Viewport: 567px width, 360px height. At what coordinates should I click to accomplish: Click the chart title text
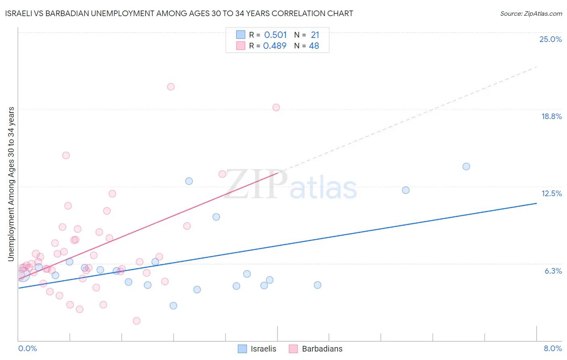pyautogui.click(x=179, y=13)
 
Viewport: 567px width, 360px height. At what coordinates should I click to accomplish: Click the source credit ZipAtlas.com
pyautogui.click(x=531, y=13)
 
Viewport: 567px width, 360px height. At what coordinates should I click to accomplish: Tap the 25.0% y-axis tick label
pyautogui.click(x=550, y=39)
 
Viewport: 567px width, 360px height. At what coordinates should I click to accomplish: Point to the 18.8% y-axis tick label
pyautogui.click(x=551, y=116)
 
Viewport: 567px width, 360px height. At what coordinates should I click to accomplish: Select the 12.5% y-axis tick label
pyautogui.click(x=551, y=193)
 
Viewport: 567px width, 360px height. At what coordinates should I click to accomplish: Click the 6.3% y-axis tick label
pyautogui.click(x=553, y=271)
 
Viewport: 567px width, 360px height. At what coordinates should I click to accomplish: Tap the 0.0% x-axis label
pyautogui.click(x=27, y=348)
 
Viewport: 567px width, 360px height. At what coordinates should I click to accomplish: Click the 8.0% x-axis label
pyautogui.click(x=552, y=348)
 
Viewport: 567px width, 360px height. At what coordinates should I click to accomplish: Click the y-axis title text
pyautogui.click(x=11, y=184)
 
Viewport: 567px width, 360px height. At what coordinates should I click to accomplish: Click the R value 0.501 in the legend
pyautogui.click(x=275, y=35)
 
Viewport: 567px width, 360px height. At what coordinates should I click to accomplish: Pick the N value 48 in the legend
pyautogui.click(x=314, y=46)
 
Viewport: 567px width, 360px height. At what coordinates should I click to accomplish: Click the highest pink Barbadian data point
pyautogui.click(x=171, y=87)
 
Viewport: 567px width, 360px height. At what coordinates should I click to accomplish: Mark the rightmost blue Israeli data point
pyautogui.click(x=466, y=166)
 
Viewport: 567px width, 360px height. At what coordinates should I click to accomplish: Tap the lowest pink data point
pyautogui.click(x=137, y=321)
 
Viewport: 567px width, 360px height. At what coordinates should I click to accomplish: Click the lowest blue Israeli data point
pyautogui.click(x=173, y=306)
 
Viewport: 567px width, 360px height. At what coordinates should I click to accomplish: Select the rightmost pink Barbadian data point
pyautogui.click(x=276, y=107)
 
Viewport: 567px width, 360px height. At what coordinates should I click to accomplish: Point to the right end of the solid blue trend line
pyautogui.click(x=536, y=203)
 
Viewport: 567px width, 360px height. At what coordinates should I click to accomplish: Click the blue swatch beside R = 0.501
pyautogui.click(x=241, y=35)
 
